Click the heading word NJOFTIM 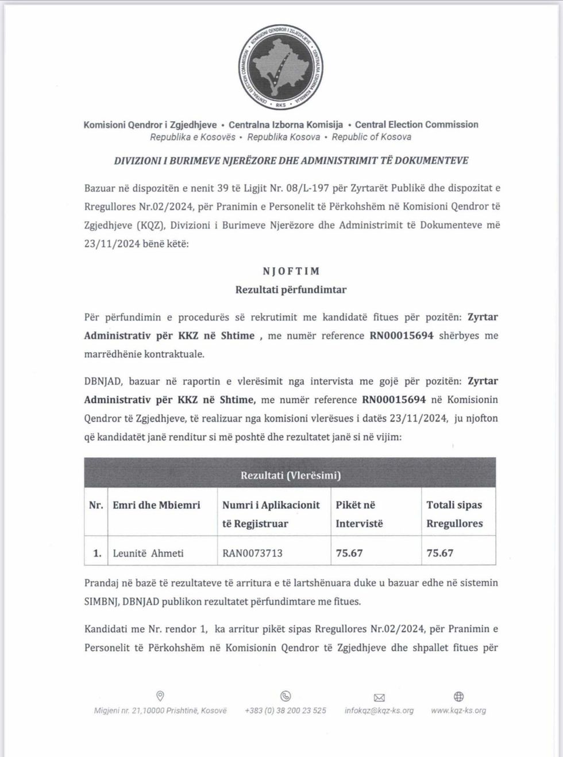pos(291,271)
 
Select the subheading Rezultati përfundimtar pos(291,289)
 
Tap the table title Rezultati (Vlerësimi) pos(290,475)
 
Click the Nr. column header pos(96,505)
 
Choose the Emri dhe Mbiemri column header pos(156,505)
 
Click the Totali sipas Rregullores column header pos(454,514)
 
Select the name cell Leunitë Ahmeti pos(148,553)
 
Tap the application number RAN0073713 pos(252,553)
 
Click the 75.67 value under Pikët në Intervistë pos(349,553)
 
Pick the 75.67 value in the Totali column pos(440,553)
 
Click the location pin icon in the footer pos(160,696)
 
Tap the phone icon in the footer pos(286,696)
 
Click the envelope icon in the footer pos(379,697)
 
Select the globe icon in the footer pos(458,696)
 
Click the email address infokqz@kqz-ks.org pos(379,710)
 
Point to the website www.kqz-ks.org pos(458,710)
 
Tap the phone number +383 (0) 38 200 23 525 pos(286,710)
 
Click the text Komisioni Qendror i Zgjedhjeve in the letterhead pos(151,125)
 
